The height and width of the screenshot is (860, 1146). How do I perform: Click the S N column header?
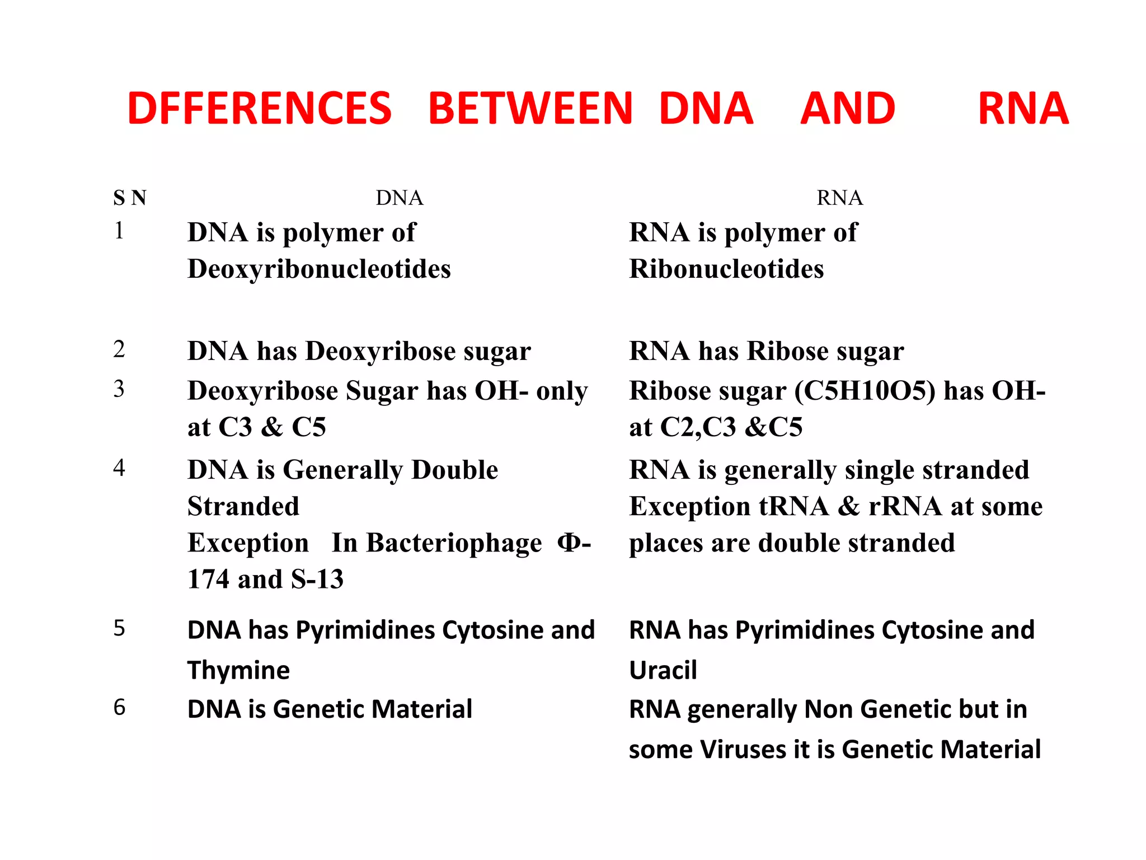(129, 198)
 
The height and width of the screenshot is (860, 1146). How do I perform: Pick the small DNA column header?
(399, 198)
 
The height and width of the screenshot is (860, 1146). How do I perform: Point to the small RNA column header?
(839, 198)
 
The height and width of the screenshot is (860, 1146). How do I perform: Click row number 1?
(119, 230)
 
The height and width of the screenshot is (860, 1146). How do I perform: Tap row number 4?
(119, 468)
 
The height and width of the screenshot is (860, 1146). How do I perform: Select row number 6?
(119, 707)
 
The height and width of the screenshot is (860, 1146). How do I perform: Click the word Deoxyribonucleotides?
(319, 269)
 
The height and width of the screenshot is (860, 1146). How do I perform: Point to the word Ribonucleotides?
(726, 269)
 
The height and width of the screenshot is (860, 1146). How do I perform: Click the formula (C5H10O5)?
(865, 390)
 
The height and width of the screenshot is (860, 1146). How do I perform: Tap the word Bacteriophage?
(454, 543)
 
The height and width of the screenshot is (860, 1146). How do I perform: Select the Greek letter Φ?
(569, 543)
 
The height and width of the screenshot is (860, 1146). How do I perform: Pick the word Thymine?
(238, 670)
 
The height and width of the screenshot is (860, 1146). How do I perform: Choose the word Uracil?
(663, 670)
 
